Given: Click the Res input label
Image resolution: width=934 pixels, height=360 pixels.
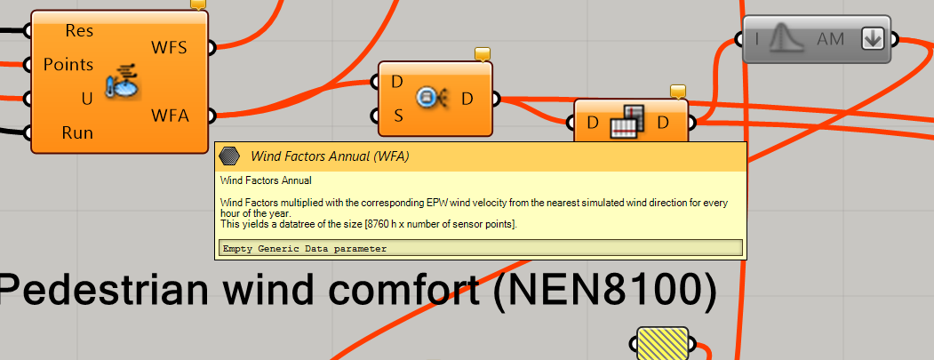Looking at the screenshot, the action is pos(79,30).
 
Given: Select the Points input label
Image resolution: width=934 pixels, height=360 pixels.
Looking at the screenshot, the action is pos(68,64).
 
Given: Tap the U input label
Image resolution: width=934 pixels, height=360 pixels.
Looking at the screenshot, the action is pos(87,99).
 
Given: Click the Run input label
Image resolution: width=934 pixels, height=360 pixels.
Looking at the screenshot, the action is pos(77,132).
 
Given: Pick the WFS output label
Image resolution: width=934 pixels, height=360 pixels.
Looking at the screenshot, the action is pos(169,47).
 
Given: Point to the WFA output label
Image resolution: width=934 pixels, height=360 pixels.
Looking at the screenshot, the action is pos(170,115).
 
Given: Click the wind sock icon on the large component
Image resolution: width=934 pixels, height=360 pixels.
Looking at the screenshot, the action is pos(122,82).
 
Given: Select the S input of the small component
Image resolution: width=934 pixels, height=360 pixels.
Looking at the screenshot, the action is pos(398,116).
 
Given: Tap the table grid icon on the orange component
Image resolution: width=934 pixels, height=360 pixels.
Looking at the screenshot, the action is pos(627,122).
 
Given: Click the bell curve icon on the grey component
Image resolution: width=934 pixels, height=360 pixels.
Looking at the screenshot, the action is pos(786,39).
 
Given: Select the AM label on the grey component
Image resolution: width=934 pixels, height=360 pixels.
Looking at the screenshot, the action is pos(830,39).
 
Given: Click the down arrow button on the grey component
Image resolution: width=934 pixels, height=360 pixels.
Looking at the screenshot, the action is pos(872,39).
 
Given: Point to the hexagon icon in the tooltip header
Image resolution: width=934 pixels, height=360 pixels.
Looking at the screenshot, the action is pos(228,156).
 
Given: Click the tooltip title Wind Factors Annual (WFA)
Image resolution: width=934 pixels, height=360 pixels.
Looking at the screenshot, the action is pos(330,156).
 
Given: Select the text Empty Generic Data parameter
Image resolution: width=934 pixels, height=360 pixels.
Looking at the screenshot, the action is pos(305,249).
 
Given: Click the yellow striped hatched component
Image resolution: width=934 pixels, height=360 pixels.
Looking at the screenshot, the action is pos(662,343).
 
